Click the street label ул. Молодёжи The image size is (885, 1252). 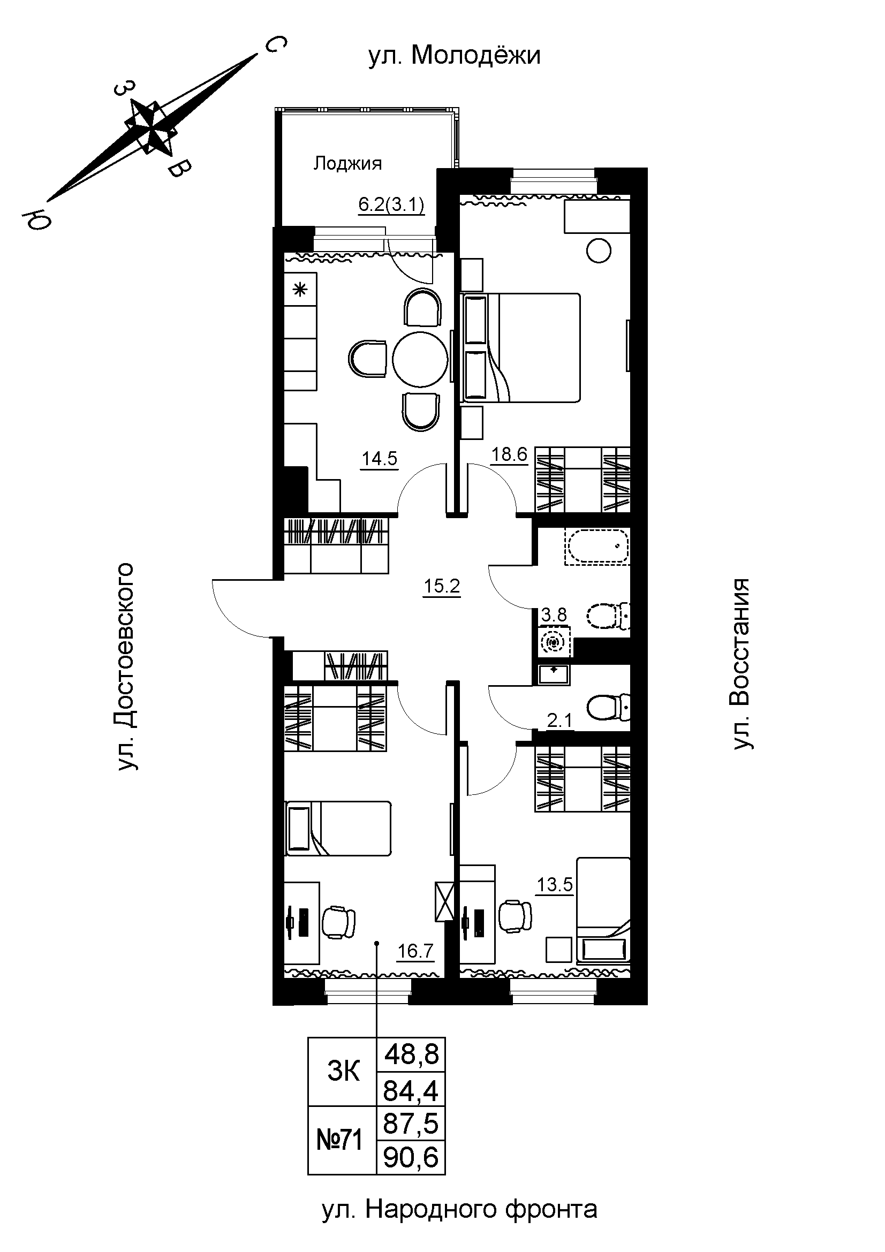point(454,56)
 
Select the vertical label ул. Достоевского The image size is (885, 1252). point(125,666)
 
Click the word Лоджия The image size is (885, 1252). point(347,163)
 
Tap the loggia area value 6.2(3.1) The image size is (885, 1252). point(391,205)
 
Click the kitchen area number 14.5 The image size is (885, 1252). point(380,459)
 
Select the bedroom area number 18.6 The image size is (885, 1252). point(510,454)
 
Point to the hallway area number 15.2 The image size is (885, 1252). point(442,587)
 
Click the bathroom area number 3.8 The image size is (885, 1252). point(554,615)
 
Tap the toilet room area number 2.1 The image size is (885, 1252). point(559,722)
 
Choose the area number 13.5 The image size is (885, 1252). point(555,884)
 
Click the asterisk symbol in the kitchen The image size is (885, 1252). point(300,290)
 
